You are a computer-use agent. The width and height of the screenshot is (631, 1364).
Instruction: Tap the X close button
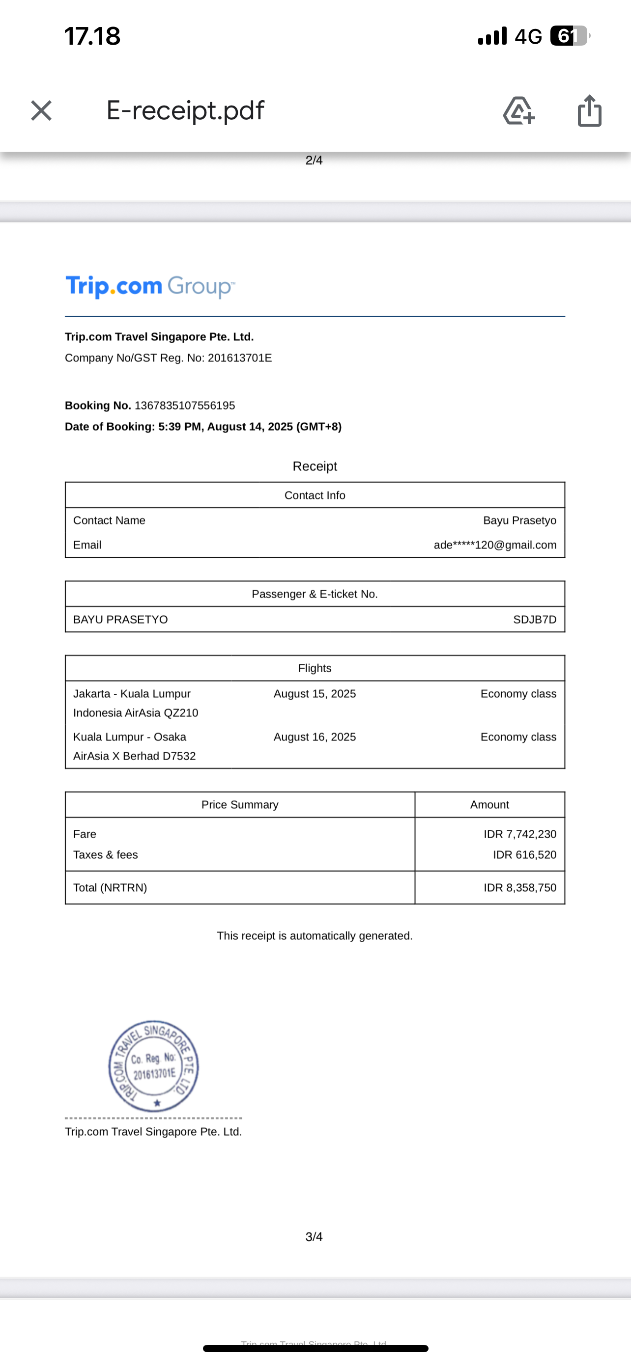(41, 110)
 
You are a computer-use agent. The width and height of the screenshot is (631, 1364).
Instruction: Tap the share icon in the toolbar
(589, 110)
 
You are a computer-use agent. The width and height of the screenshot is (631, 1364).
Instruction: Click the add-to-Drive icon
(518, 110)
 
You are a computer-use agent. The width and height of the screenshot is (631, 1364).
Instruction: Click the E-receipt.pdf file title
(185, 110)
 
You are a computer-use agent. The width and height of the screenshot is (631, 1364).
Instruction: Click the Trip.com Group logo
(150, 286)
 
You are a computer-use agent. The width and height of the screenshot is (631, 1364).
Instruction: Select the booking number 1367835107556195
(184, 406)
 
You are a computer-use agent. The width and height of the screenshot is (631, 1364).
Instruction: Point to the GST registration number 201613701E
(239, 358)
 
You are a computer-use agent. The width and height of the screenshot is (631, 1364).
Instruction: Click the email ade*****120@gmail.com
(495, 545)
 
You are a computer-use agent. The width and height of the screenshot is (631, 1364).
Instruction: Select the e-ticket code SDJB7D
(534, 620)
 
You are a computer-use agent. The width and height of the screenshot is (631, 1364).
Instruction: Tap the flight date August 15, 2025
(315, 694)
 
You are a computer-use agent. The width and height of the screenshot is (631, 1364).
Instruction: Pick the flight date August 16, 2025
(315, 737)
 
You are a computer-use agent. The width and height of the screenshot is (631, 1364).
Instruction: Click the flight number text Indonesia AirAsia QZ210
(136, 713)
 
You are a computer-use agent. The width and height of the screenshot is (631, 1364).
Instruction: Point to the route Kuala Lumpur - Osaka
(130, 737)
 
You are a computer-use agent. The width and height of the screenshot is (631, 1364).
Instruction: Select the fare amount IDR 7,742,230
(520, 834)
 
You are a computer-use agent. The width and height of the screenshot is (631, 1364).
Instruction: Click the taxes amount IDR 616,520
(524, 855)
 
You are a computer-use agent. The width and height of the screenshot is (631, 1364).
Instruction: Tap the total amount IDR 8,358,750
(520, 887)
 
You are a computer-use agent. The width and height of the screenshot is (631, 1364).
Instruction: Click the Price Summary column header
(239, 805)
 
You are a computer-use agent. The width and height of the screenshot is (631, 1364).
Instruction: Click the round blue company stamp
(154, 1065)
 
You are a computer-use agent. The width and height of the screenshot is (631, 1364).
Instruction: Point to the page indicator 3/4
(314, 1237)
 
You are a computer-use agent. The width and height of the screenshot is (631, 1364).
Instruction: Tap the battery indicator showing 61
(569, 36)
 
